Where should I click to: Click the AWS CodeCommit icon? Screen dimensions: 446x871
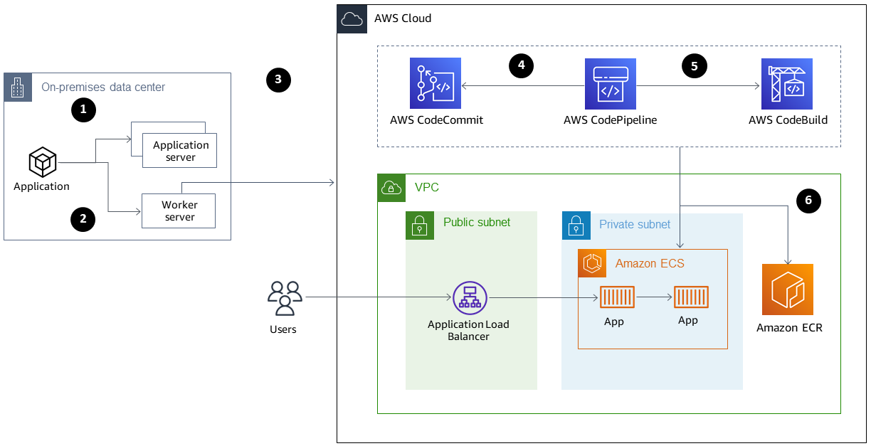pos(435,84)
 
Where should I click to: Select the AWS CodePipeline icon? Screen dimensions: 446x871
pos(610,84)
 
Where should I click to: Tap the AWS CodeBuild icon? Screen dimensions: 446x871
pos(786,84)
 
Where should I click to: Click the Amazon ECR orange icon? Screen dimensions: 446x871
pos(787,290)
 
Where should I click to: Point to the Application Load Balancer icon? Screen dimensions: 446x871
pos(470,298)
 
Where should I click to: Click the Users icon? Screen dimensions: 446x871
pos(284,298)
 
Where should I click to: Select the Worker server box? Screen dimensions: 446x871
pos(179,211)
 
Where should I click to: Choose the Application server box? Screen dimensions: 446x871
pos(180,150)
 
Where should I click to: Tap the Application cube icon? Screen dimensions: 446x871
pos(42,162)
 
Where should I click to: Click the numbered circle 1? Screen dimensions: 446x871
pos(83,110)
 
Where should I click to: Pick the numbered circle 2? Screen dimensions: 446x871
pos(83,219)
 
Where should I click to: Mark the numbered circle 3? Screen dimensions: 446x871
pos(278,80)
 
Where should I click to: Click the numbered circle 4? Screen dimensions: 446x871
pos(522,65)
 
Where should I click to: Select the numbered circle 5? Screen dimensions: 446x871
pos(695,65)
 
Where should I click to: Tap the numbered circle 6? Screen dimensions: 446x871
pos(808,201)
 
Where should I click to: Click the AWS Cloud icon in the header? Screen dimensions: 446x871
pos(352,18)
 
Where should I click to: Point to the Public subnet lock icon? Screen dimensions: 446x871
pos(420,225)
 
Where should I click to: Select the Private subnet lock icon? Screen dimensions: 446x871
pos(576,225)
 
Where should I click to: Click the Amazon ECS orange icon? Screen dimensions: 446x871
pos(592,263)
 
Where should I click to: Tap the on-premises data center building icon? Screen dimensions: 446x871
pos(18,87)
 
